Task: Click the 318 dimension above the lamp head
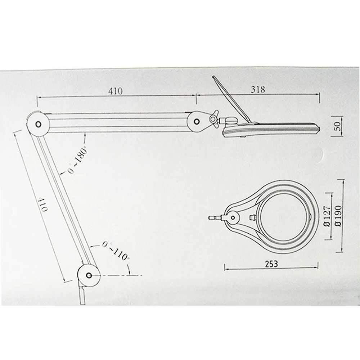click(258, 90)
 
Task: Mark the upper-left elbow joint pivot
click(38, 123)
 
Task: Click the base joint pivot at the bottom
click(89, 275)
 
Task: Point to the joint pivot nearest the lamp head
click(197, 121)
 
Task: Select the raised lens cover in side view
click(230, 97)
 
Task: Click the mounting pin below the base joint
click(82, 295)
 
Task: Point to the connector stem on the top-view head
click(216, 217)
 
